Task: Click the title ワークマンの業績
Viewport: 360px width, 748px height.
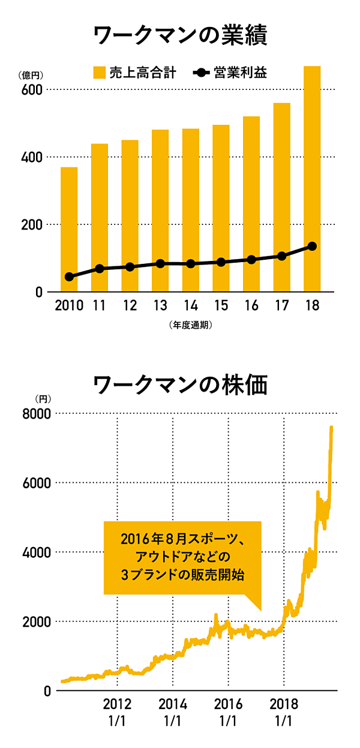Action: pyautogui.click(x=180, y=34)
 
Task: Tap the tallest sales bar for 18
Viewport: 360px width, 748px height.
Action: pyautogui.click(x=312, y=180)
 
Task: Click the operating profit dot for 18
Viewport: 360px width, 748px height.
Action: pyautogui.click(x=312, y=247)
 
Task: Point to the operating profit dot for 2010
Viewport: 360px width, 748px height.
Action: pyautogui.click(x=69, y=277)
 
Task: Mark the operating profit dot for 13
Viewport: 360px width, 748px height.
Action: pyautogui.click(x=160, y=263)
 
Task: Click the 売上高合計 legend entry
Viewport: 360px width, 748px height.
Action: pyautogui.click(x=134, y=73)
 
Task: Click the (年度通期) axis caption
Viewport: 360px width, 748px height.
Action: pyautogui.click(x=190, y=326)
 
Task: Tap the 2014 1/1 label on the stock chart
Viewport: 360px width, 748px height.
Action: pyautogui.click(x=172, y=712)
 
